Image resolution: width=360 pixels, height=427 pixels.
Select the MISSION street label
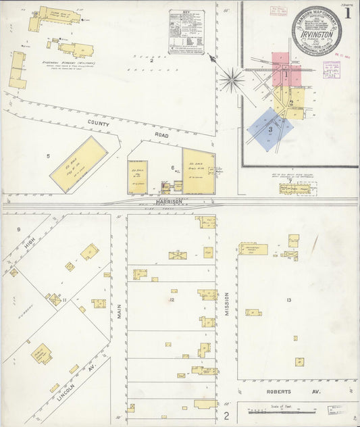tap(227, 304)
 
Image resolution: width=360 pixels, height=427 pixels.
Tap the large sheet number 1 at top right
tap(348, 13)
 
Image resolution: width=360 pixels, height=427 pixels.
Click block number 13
tap(289, 299)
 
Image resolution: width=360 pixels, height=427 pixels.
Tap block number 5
tap(48, 156)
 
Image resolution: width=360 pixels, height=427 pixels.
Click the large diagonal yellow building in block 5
tap(78, 164)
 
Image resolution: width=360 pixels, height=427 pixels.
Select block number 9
tap(19, 229)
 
